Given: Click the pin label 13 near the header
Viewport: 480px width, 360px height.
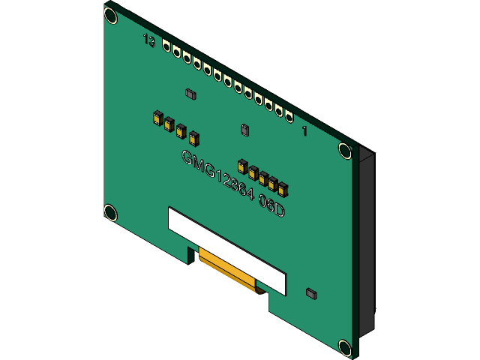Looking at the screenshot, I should pyautogui.click(x=149, y=40).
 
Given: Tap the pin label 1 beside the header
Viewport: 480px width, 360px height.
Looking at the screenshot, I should pyautogui.click(x=304, y=130).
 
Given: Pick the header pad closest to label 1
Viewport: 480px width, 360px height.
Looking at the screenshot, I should pyautogui.click(x=288, y=115).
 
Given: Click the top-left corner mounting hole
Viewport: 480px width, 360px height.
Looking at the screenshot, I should pyautogui.click(x=110, y=14).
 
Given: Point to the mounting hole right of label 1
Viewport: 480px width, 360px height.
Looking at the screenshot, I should pyautogui.click(x=344, y=151).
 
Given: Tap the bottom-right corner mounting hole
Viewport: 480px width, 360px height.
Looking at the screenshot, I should pyautogui.click(x=344, y=346).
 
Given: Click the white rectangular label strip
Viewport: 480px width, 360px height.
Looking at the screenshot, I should pyautogui.click(x=226, y=250).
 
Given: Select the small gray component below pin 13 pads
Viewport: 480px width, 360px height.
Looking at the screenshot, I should pyautogui.click(x=190, y=94).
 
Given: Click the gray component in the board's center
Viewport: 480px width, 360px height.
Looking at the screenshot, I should pyautogui.click(x=244, y=130).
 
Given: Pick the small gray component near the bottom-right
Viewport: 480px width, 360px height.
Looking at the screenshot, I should pyautogui.click(x=312, y=293).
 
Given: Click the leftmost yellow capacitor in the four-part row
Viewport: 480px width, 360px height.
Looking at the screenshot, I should pyautogui.click(x=158, y=118).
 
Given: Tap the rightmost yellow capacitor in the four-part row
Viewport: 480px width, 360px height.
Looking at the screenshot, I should pyautogui.click(x=194, y=138).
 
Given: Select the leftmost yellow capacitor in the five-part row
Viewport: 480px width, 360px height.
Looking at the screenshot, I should pyautogui.click(x=242, y=166).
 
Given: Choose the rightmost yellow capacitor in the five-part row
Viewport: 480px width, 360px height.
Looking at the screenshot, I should pyautogui.click(x=283, y=187).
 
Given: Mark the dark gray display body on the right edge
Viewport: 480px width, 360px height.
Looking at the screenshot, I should pyautogui.click(x=367, y=240).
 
